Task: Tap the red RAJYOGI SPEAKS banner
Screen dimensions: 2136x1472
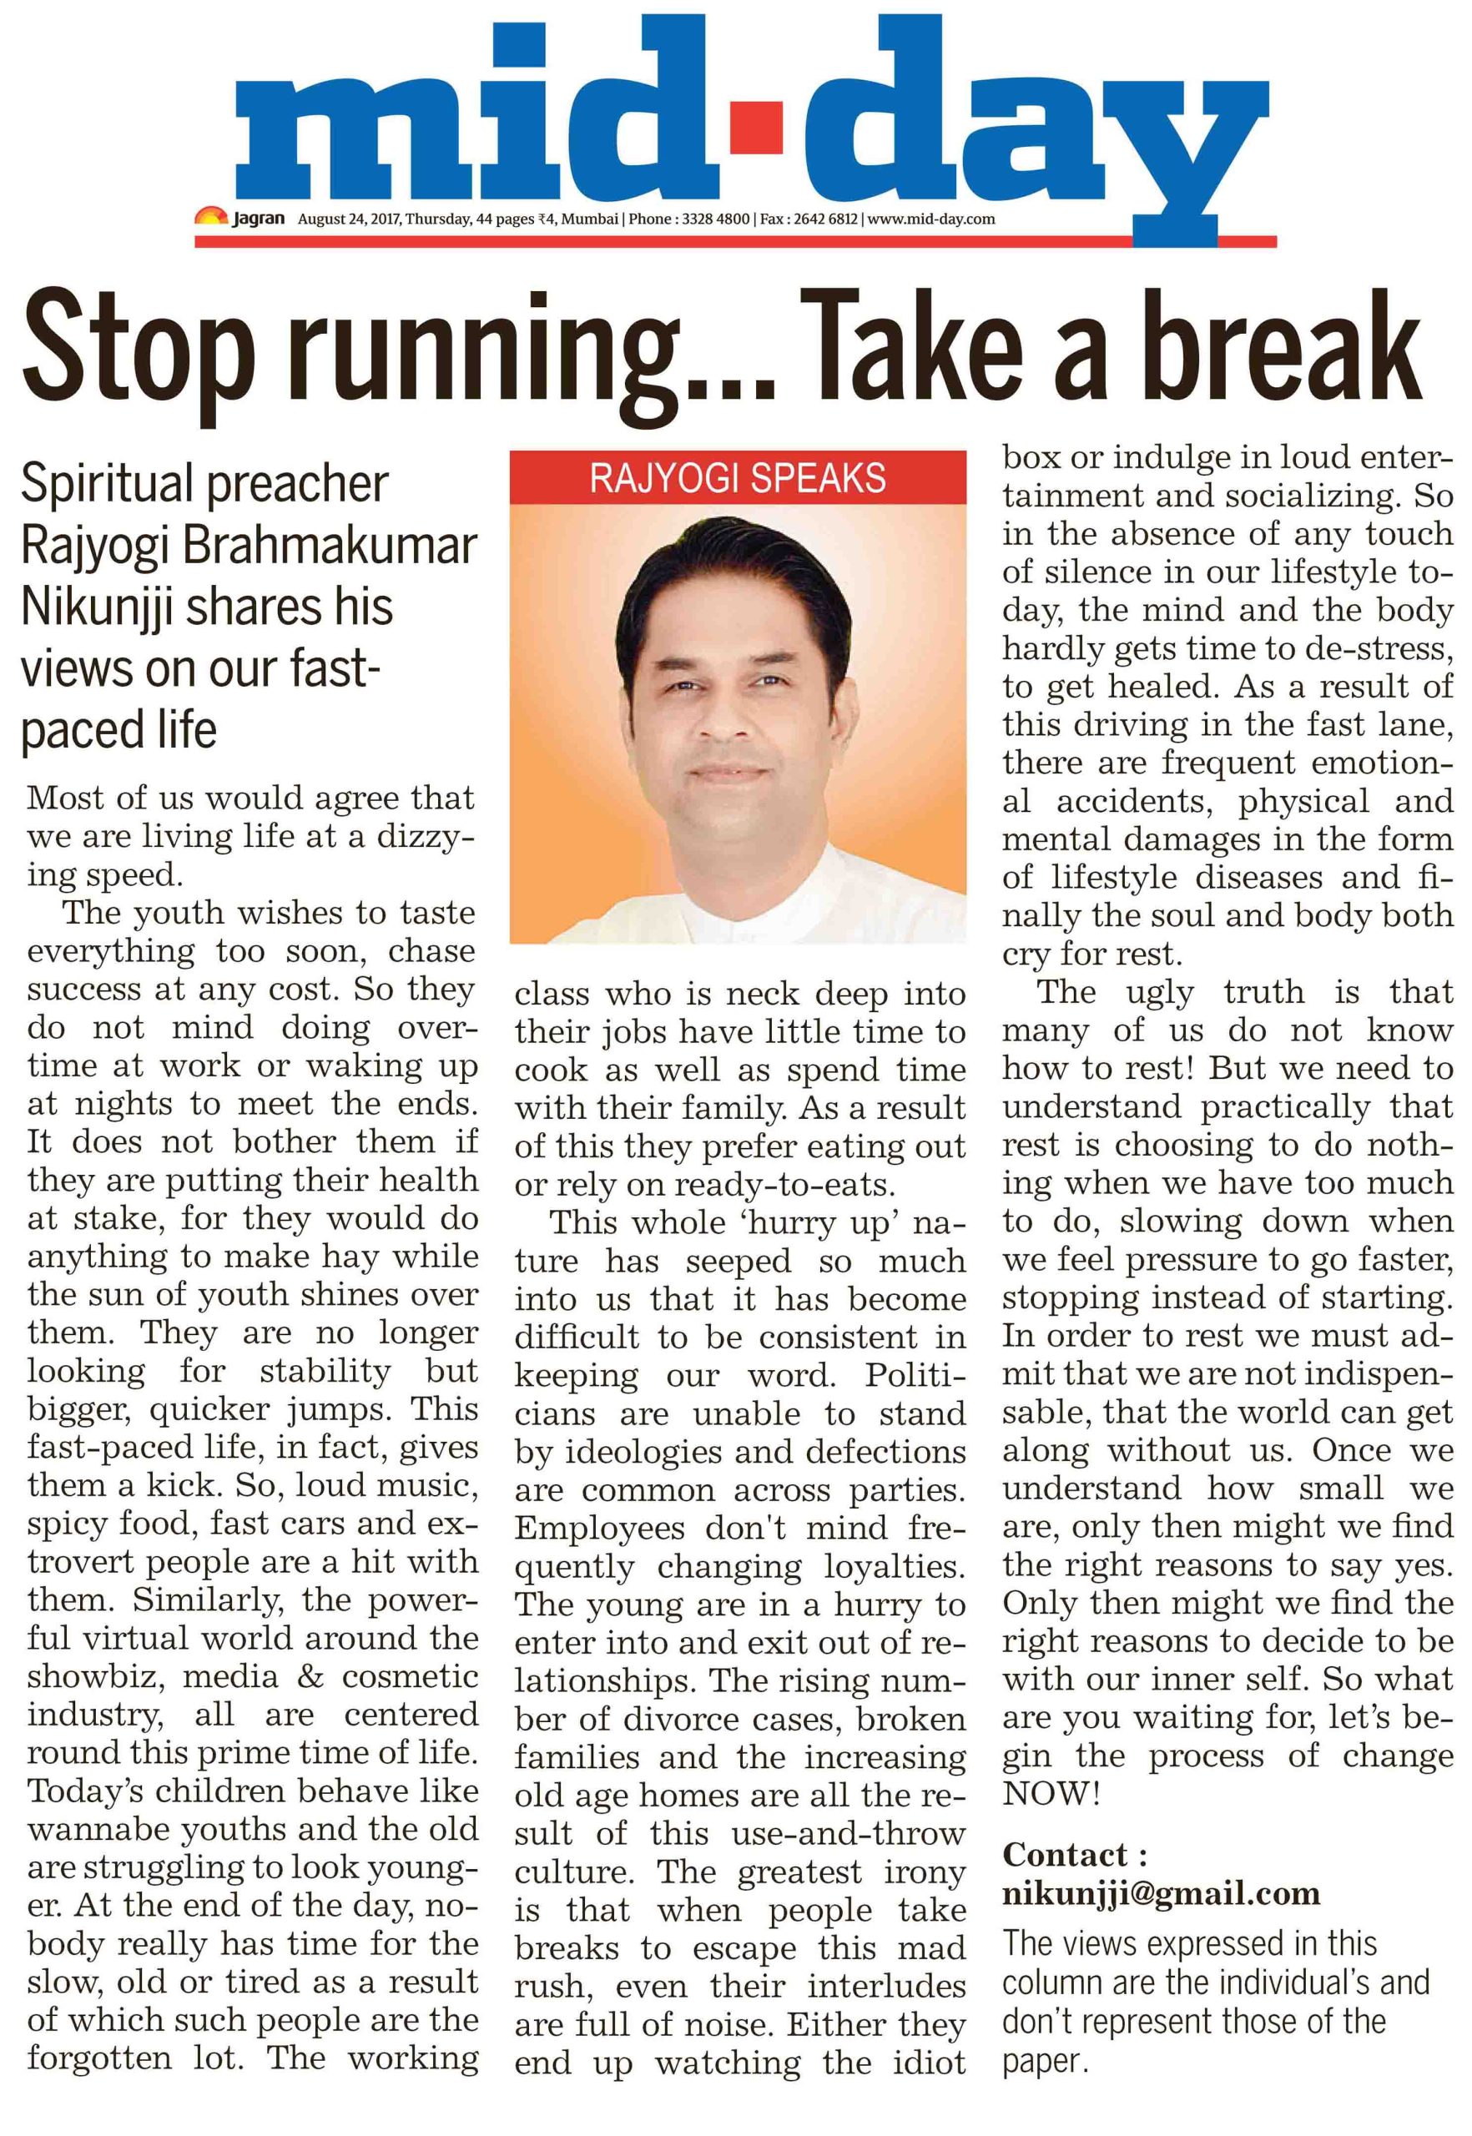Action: [x=738, y=478]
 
